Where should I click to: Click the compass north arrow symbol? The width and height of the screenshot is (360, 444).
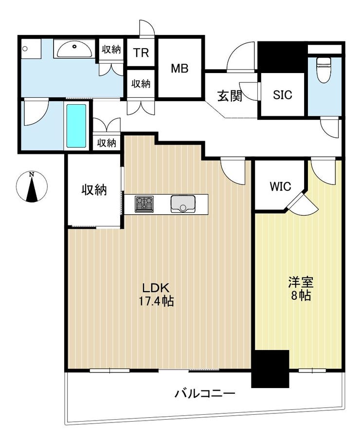click(x=32, y=186)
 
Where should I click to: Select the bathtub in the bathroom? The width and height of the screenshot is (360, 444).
click(x=76, y=126)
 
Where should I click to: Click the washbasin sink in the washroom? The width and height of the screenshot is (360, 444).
click(x=75, y=50)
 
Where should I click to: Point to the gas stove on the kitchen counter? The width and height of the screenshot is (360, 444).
click(x=144, y=204)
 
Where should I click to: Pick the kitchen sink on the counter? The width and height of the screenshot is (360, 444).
click(x=183, y=204)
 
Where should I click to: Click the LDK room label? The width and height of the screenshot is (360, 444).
click(x=156, y=288)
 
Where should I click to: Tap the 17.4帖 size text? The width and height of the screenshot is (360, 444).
click(x=156, y=301)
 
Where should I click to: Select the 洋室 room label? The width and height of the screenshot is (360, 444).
click(x=301, y=282)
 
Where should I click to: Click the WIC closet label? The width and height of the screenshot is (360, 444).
click(x=280, y=186)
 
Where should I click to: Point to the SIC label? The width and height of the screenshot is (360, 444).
click(x=283, y=95)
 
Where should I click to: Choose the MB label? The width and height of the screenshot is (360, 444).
click(x=180, y=68)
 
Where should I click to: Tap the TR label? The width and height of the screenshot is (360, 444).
click(x=141, y=53)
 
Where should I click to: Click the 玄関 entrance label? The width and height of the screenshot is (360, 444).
click(x=230, y=96)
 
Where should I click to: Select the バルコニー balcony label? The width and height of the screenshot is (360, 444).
click(x=204, y=393)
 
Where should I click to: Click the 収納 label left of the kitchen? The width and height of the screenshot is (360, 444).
click(x=94, y=190)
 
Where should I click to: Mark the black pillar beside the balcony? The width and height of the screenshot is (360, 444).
click(x=270, y=369)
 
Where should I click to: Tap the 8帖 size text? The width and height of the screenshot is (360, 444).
click(x=301, y=296)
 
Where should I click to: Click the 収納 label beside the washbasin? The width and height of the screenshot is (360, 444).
click(x=111, y=50)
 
